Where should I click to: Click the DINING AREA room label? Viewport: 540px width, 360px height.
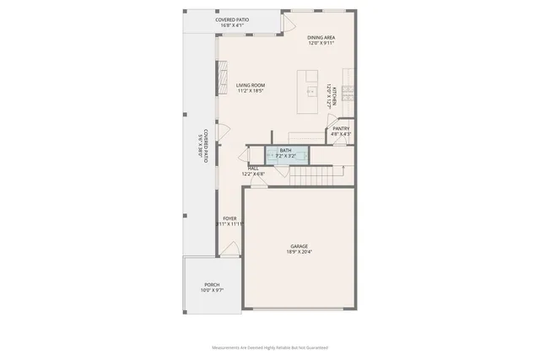pos(320,37)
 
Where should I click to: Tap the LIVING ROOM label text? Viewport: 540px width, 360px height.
pos(251,85)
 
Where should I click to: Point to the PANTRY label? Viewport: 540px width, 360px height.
pos(341,128)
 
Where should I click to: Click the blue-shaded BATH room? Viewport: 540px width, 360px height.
pos(286,153)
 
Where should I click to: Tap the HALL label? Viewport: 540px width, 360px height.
pos(253,169)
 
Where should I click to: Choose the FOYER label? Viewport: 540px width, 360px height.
pos(229,219)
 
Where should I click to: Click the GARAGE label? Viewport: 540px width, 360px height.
pos(300,246)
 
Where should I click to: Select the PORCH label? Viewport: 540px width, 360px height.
pos(212,285)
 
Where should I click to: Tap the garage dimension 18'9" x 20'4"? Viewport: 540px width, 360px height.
pos(300,252)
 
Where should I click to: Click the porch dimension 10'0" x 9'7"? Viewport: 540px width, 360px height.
pos(211,291)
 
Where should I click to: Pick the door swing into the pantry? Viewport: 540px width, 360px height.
pos(339,141)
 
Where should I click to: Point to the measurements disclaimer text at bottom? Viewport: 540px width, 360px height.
pos(269,347)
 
